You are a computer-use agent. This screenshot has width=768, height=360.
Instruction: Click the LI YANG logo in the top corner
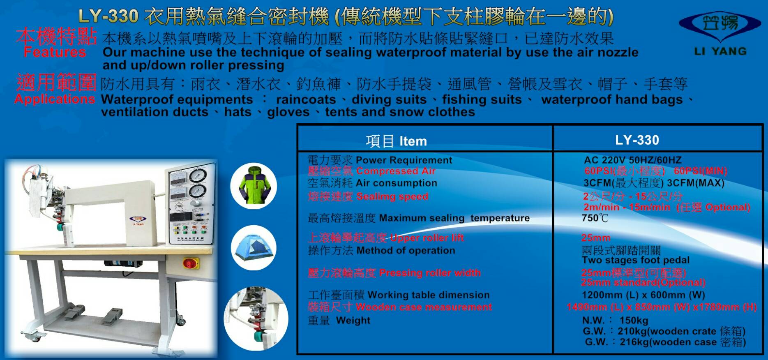coord(720,33)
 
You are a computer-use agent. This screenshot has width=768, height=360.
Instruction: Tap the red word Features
coord(55,52)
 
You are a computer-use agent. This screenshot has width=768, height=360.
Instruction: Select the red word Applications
coord(55,99)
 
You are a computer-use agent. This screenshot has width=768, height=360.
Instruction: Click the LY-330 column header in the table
coord(637,140)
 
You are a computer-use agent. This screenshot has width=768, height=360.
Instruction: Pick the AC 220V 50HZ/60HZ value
coord(633,160)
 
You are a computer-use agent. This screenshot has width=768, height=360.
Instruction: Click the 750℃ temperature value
coord(595,218)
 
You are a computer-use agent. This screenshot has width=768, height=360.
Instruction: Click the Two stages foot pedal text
coord(636,260)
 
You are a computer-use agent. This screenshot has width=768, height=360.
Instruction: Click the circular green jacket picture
coord(254,186)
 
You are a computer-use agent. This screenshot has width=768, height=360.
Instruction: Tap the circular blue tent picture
coord(254,248)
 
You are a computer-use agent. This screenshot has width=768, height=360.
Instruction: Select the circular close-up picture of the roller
coord(256,318)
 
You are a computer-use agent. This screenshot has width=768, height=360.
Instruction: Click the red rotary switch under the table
coord(191,263)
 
